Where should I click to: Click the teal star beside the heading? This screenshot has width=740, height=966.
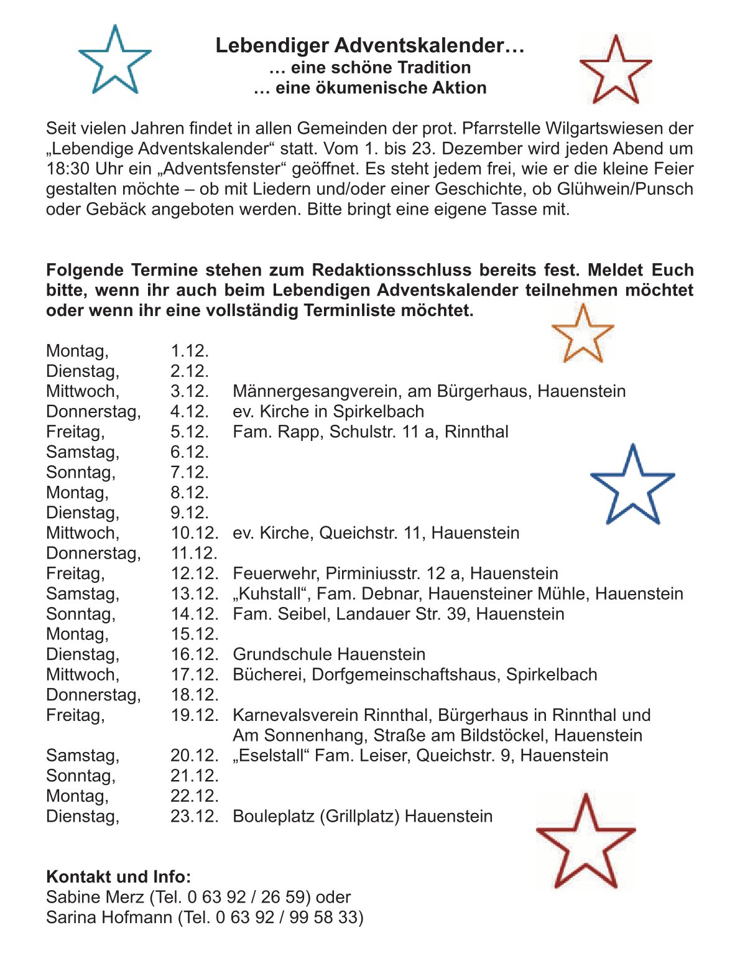tap(115, 61)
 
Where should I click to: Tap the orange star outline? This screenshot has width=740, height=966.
tap(583, 335)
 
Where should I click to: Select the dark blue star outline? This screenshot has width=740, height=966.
tap(632, 486)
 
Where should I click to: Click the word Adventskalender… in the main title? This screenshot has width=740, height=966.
tap(430, 45)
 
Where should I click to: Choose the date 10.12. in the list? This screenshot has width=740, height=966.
tap(195, 533)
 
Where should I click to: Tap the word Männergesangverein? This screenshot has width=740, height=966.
tap(317, 391)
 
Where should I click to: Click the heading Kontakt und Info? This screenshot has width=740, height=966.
tap(119, 877)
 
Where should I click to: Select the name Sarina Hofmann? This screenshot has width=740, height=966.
tap(109, 917)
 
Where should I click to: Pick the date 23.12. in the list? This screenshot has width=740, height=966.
tap(195, 816)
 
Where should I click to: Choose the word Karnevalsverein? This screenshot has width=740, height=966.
tap(295, 715)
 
